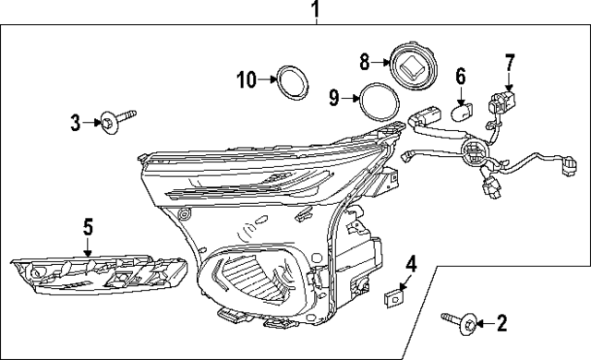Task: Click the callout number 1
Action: click(315, 11)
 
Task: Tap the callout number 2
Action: click(501, 323)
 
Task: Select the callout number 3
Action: click(76, 120)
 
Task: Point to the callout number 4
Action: click(410, 266)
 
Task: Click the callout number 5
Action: click(88, 225)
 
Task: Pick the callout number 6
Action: click(461, 77)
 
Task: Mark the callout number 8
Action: click(365, 63)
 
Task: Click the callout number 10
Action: click(246, 80)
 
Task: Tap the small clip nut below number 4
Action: click(395, 295)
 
